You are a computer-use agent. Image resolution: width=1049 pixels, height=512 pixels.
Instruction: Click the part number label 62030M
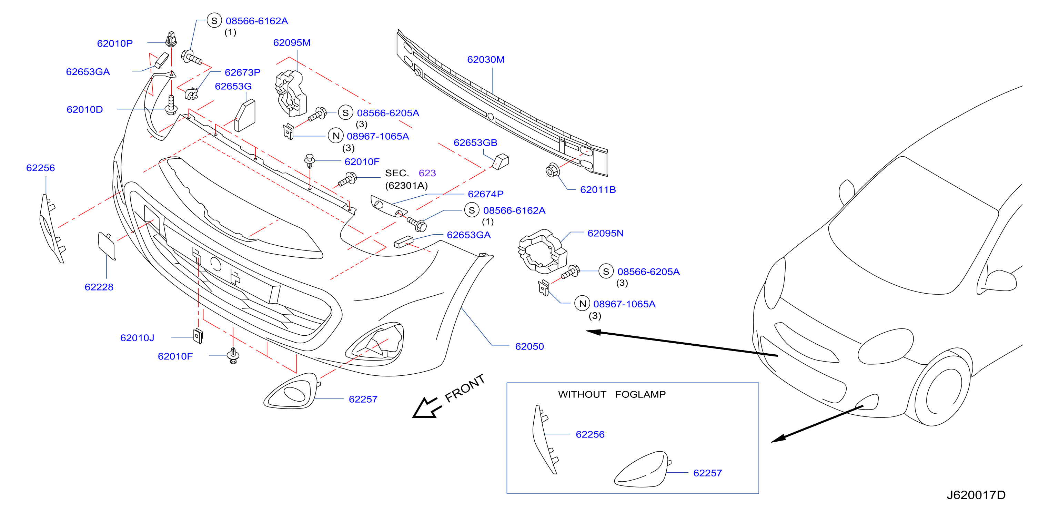point(485,60)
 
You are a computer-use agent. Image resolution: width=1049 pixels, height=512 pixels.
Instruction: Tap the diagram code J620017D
point(976,495)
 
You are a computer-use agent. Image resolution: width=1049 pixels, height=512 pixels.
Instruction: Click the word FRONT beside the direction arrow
point(464,388)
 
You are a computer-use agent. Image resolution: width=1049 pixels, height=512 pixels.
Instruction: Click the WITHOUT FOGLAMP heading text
point(612,394)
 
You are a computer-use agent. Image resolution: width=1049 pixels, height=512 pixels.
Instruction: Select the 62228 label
point(99,287)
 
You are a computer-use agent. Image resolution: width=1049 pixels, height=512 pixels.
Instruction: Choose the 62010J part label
point(137,337)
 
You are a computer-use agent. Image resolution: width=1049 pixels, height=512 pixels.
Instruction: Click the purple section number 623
point(427,173)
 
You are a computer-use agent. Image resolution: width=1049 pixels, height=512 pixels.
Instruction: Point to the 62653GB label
point(475,143)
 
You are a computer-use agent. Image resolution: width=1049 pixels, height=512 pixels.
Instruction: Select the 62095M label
point(292,42)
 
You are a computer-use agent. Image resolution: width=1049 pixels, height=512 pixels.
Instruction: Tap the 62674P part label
point(485,194)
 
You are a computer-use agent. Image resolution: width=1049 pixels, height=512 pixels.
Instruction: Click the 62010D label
point(85,109)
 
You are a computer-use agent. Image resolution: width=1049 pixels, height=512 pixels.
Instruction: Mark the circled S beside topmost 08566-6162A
point(214,20)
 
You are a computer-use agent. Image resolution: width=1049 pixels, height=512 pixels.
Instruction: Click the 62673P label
point(242,72)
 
